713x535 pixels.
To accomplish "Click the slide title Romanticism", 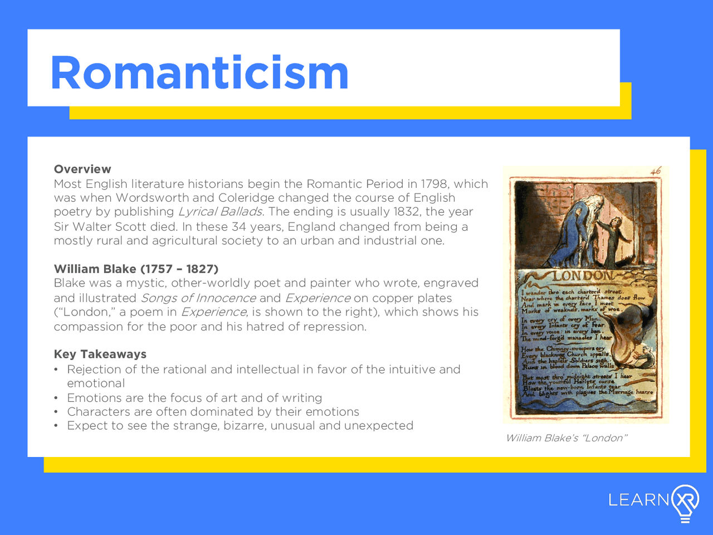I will pyautogui.click(x=199, y=73).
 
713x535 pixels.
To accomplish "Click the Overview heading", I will pyautogui.click(x=82, y=169).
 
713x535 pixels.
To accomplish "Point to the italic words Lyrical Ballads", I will pyautogui.click(x=220, y=212).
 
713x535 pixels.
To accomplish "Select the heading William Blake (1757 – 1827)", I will pyautogui.click(x=136, y=269).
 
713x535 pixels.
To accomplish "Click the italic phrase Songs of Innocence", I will pyautogui.click(x=198, y=298).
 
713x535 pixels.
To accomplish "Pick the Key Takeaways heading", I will pyautogui.click(x=100, y=354).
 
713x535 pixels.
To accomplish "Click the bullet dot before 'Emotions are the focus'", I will pyautogui.click(x=56, y=398).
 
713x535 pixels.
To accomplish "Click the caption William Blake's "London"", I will pyautogui.click(x=566, y=438).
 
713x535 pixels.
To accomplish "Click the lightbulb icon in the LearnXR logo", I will pyautogui.click(x=685, y=502).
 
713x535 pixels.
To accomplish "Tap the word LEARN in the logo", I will pyautogui.click(x=638, y=499).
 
